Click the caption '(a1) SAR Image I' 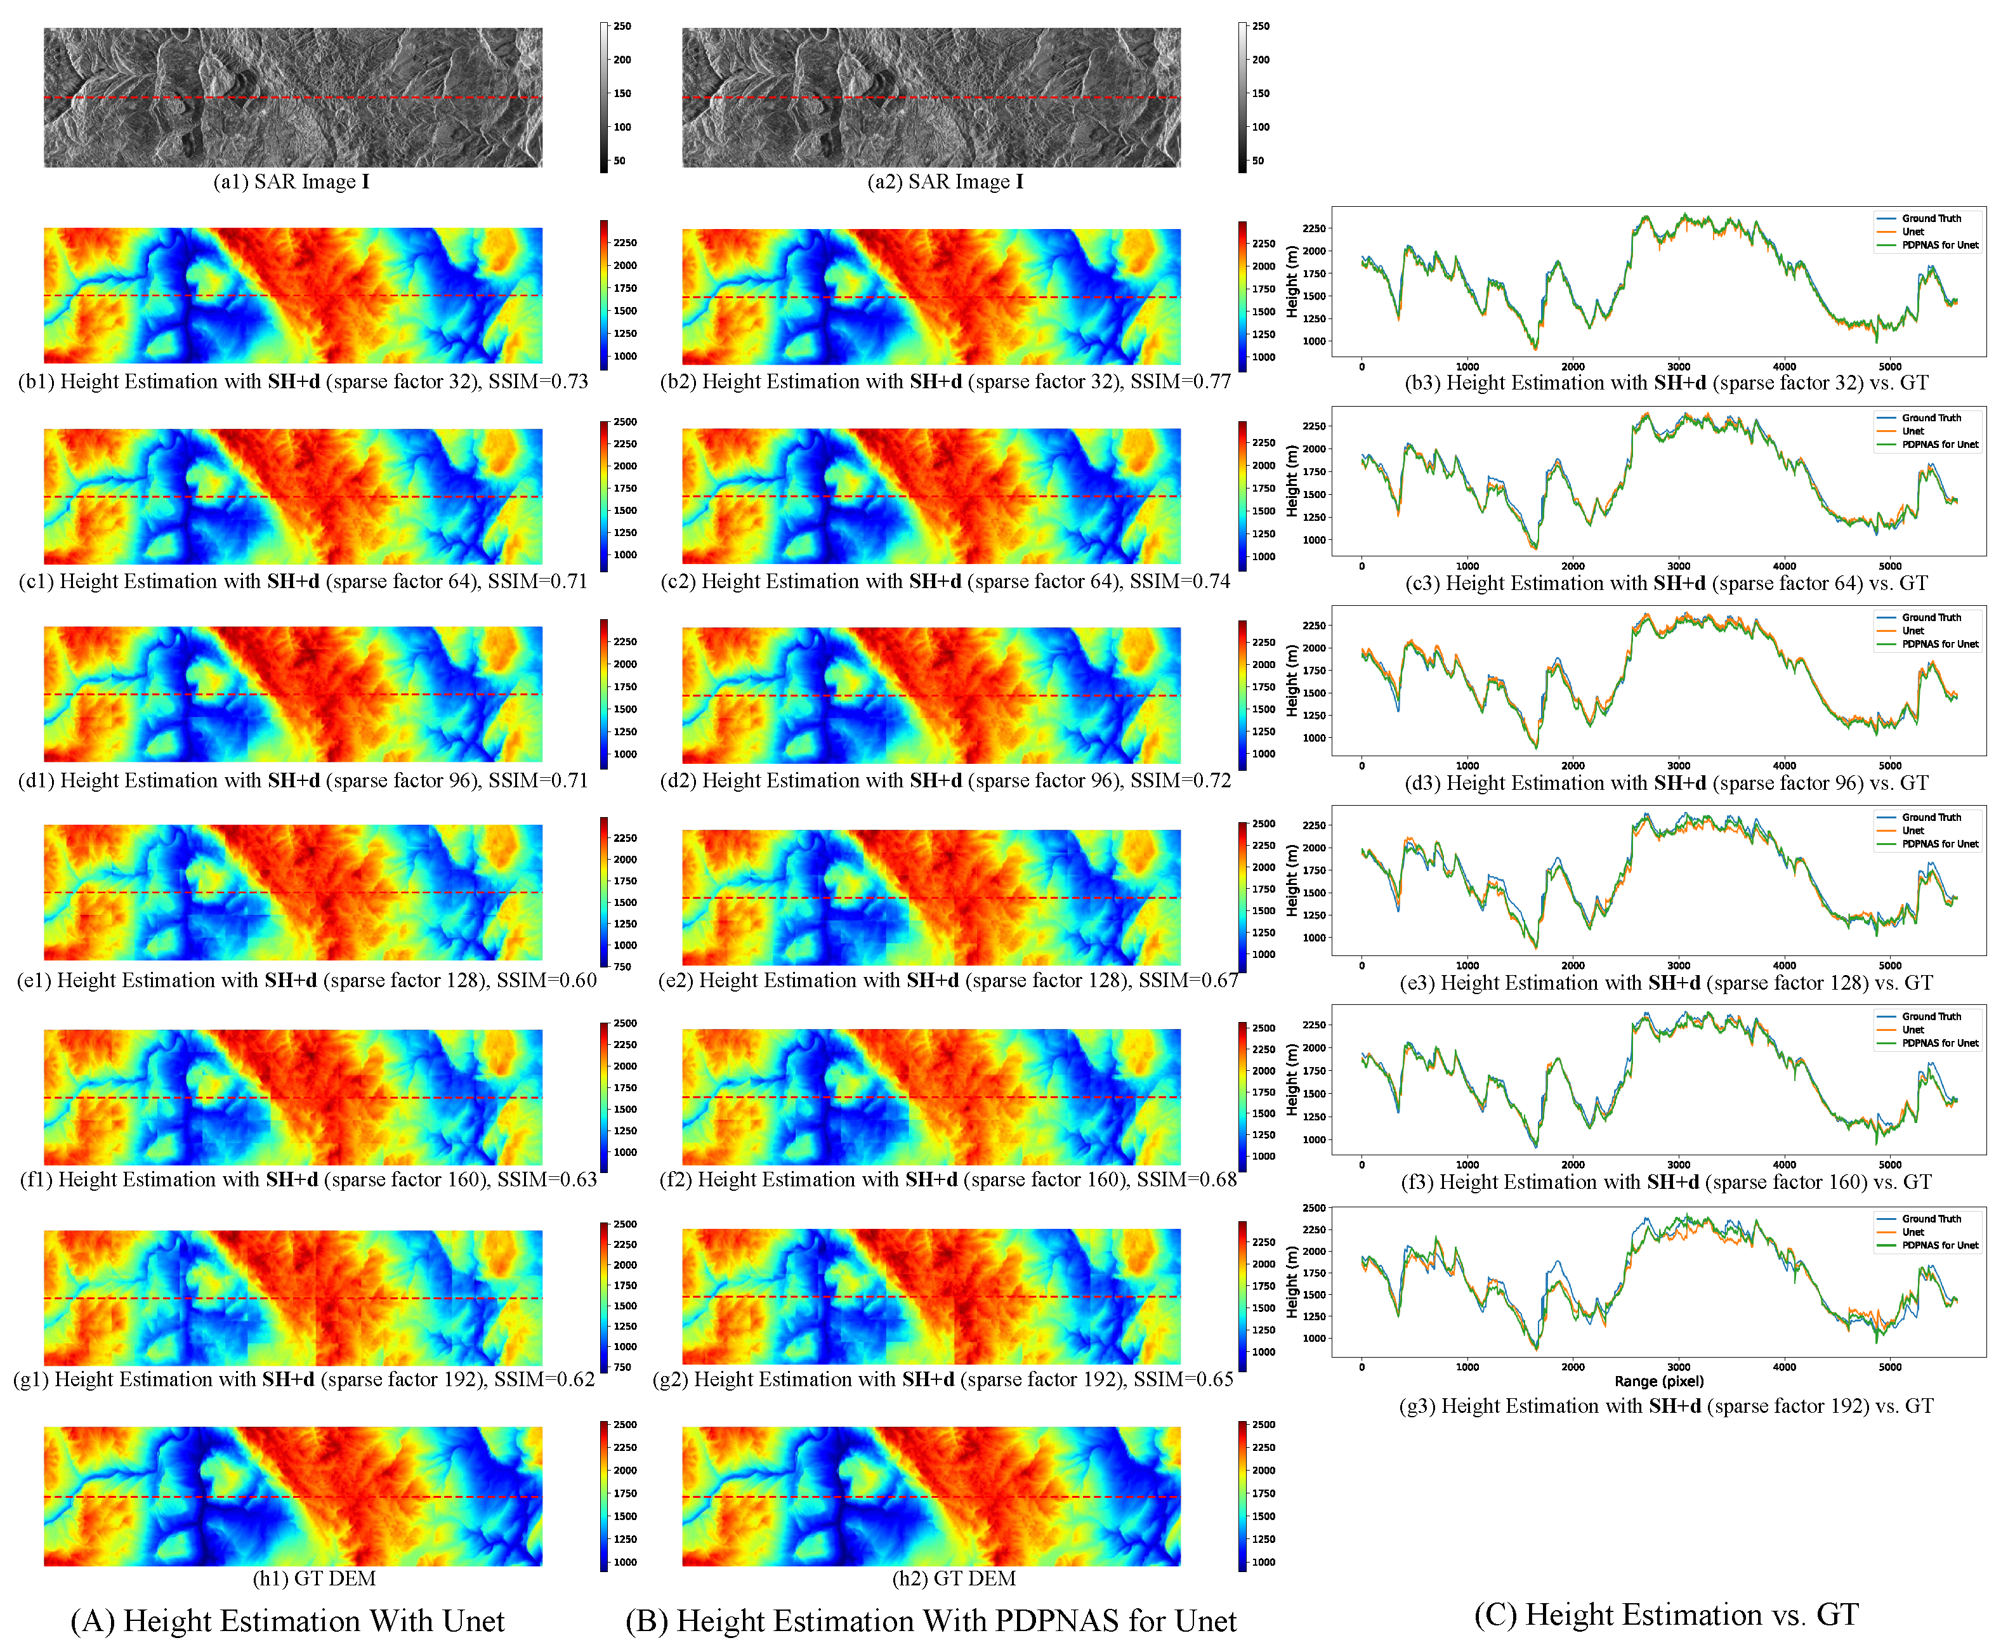[291, 181]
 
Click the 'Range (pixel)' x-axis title [1658, 1380]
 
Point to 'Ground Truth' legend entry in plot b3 [1931, 218]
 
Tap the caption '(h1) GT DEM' [314, 1578]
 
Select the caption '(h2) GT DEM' [954, 1578]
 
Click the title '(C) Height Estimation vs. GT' [1665, 1615]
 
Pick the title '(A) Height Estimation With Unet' [287, 1620]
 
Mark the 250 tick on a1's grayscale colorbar [622, 27]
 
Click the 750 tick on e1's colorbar [622, 967]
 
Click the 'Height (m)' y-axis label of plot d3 [1292, 680]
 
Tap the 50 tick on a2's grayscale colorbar [1258, 161]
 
